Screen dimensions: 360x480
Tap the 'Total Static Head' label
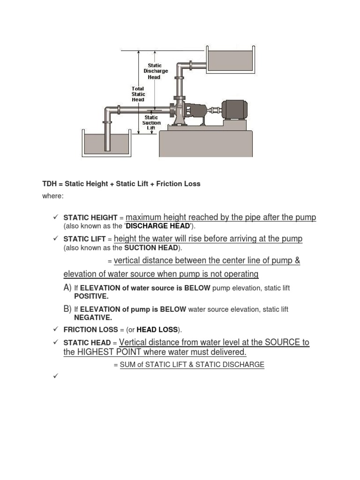pyautogui.click(x=138, y=94)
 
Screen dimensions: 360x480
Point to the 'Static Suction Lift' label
pyautogui.click(x=151, y=123)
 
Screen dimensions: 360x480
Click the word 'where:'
pyautogui.click(x=52, y=196)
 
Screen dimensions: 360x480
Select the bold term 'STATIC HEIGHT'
pyautogui.click(x=90, y=218)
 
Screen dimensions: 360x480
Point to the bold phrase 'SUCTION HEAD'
pyautogui.click(x=156, y=247)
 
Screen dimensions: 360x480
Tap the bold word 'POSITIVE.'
pyautogui.click(x=91, y=296)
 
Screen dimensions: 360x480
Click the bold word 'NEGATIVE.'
pyautogui.click(x=93, y=317)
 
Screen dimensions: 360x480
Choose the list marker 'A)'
pyautogui.click(x=67, y=287)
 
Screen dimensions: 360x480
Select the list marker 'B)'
pyautogui.click(x=67, y=309)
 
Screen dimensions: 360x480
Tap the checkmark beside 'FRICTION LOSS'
pyautogui.click(x=55, y=329)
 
